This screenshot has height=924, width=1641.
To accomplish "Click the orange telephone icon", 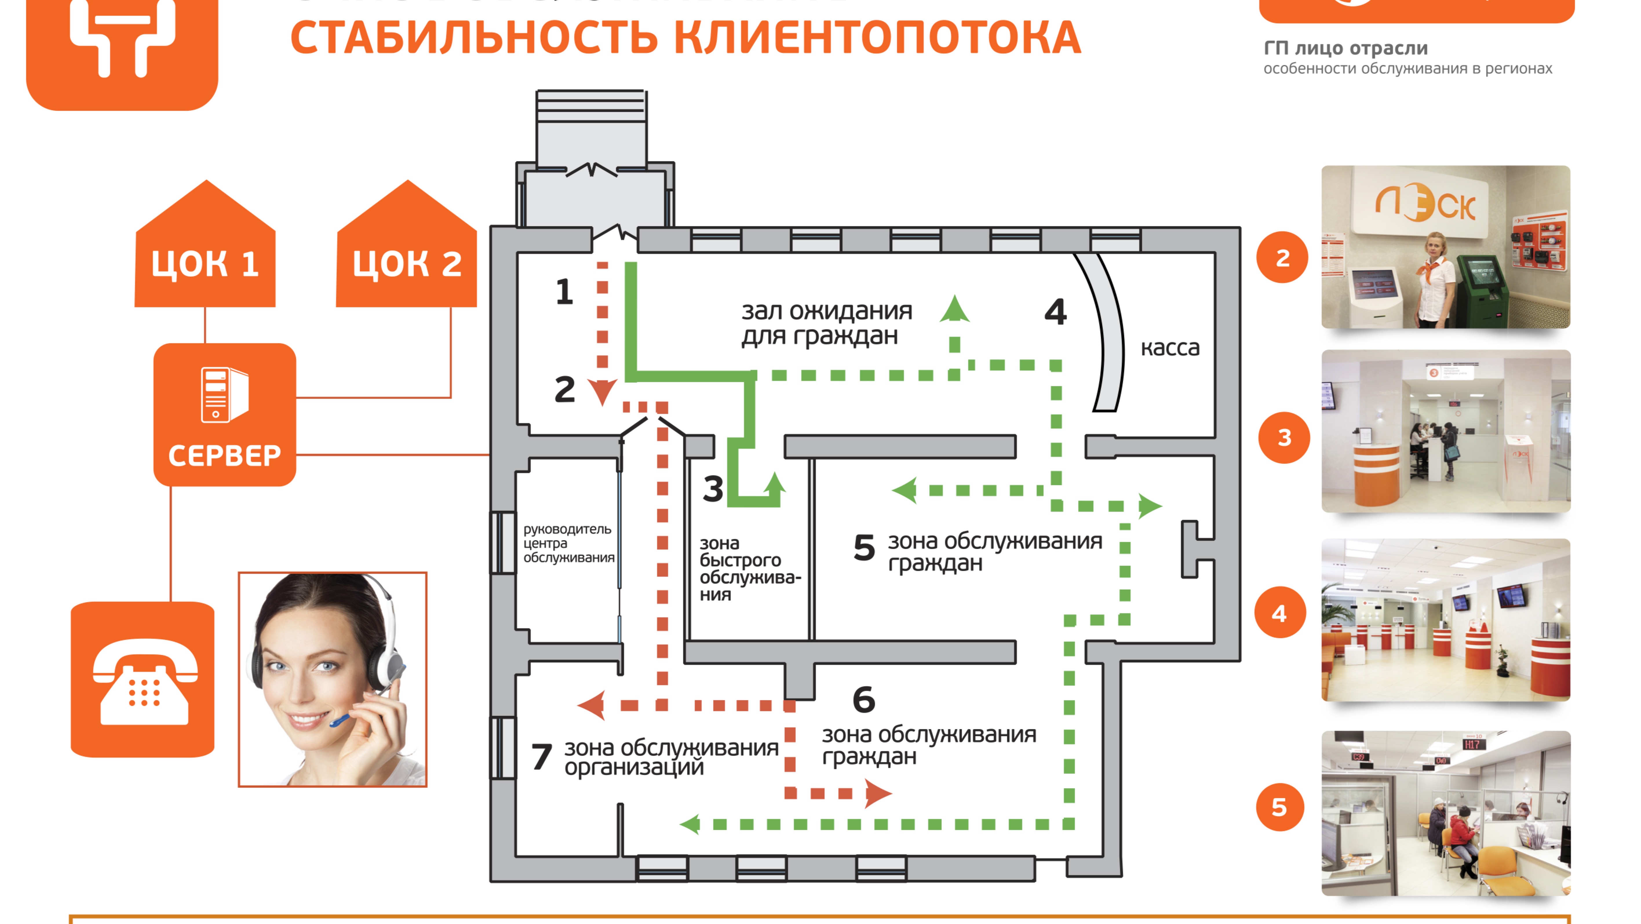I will pyautogui.click(x=143, y=680).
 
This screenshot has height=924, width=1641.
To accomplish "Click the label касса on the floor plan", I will pyautogui.click(x=1170, y=348).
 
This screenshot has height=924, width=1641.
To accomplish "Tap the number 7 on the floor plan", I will pyautogui.click(x=541, y=757).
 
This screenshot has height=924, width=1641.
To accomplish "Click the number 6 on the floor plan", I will pyautogui.click(x=864, y=700).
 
